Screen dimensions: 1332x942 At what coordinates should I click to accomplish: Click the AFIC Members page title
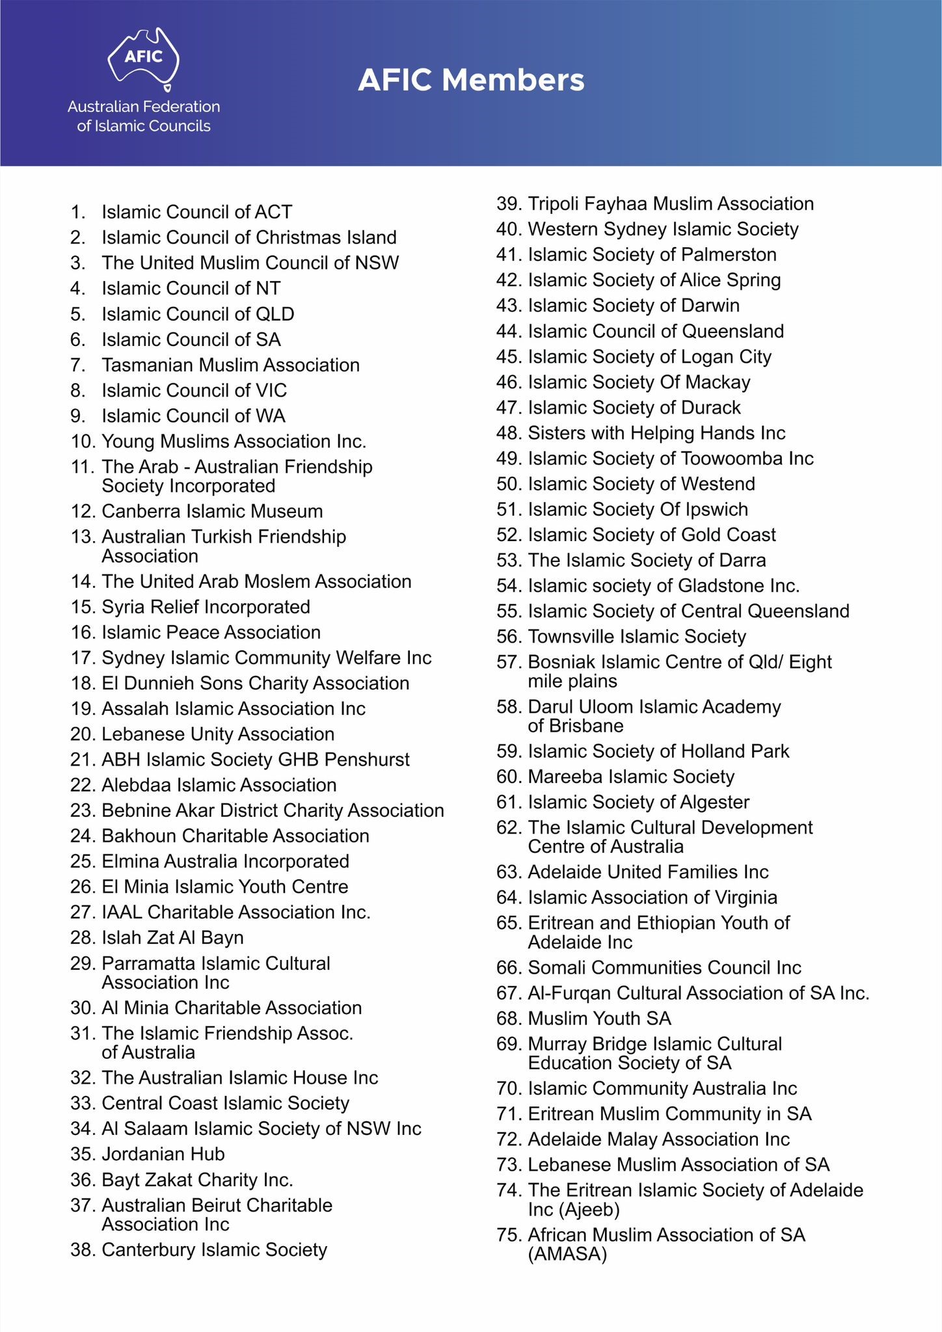(x=471, y=81)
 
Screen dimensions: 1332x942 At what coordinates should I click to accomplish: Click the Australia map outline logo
(x=144, y=57)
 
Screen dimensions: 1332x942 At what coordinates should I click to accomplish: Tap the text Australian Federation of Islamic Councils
(x=144, y=116)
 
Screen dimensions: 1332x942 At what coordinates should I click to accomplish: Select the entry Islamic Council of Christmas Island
(x=249, y=237)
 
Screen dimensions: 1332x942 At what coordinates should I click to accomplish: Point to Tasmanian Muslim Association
(x=230, y=365)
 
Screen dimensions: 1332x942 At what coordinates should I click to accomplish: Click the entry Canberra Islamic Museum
(x=212, y=511)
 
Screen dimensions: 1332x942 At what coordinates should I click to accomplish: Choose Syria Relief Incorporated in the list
(x=206, y=607)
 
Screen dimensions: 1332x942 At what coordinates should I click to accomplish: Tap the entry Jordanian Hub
(x=163, y=1154)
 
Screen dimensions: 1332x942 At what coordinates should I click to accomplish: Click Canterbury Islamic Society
(x=214, y=1249)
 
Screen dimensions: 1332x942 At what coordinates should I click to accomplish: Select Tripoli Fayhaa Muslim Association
(x=671, y=204)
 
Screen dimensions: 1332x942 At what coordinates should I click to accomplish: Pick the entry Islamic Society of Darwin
(x=634, y=305)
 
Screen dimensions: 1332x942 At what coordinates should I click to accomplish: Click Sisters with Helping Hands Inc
(x=656, y=433)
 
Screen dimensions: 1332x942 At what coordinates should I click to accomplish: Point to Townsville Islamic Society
(x=637, y=636)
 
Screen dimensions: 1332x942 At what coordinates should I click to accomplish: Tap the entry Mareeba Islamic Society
(x=631, y=777)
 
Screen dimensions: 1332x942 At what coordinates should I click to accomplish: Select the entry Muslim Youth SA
(x=599, y=1018)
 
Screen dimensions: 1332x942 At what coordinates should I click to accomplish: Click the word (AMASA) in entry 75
(x=567, y=1254)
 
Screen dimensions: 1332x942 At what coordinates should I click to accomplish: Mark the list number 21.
(x=83, y=760)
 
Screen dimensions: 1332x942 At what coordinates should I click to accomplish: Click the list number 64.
(x=509, y=898)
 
